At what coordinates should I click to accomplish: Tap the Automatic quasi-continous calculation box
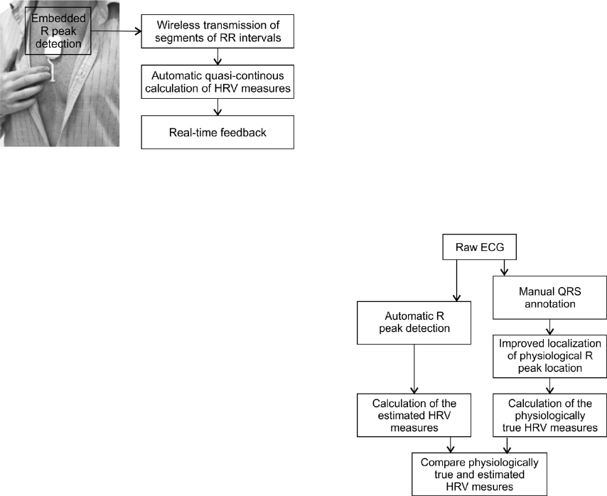click(217, 82)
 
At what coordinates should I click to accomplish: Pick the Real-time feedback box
click(217, 131)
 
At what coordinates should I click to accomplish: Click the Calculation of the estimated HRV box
click(414, 416)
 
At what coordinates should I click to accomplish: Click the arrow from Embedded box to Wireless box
click(121, 31)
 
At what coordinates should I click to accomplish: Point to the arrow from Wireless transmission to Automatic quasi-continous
click(217, 56)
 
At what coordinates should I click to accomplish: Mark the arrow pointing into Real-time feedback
click(217, 107)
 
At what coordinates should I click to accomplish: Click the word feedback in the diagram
click(242, 131)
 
